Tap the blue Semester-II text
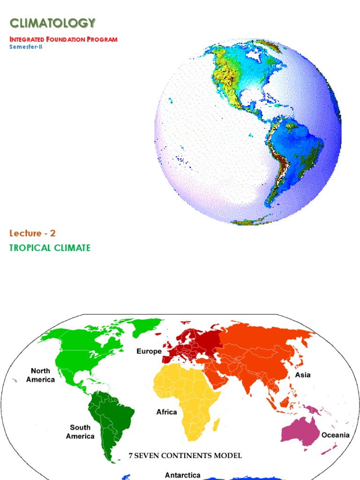pyautogui.click(x=26, y=47)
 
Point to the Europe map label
pyautogui.click(x=149, y=351)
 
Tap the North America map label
pyautogui.click(x=40, y=375)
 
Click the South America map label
pyautogui.click(x=80, y=432)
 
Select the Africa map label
pyautogui.click(x=166, y=412)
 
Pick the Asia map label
pyautogui.click(x=302, y=375)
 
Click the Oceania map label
pyautogui.click(x=335, y=435)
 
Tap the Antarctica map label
pyautogui.click(x=182, y=475)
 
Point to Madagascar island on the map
pyautogui.click(x=217, y=425)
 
